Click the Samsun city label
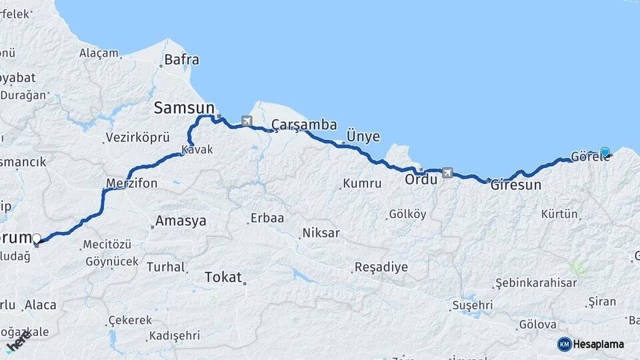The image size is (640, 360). (x=184, y=107)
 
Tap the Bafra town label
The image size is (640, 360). (x=182, y=60)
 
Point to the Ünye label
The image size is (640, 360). (x=363, y=137)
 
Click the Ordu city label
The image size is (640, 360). (x=421, y=179)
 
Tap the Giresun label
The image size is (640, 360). (x=516, y=185)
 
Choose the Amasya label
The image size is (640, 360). (x=181, y=221)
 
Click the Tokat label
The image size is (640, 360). (x=223, y=277)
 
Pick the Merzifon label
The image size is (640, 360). (x=132, y=183)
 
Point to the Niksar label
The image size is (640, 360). (x=321, y=233)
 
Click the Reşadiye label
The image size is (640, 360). (x=381, y=267)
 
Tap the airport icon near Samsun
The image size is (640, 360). (x=247, y=121)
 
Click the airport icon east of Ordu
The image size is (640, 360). (x=447, y=173)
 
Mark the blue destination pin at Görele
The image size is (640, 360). (x=605, y=152)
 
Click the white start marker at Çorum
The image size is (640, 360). (x=37, y=238)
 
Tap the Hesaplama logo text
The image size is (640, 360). (x=599, y=344)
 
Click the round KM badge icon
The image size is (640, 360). (x=564, y=344)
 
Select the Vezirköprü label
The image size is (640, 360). (x=135, y=138)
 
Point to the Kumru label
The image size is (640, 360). (x=362, y=183)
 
